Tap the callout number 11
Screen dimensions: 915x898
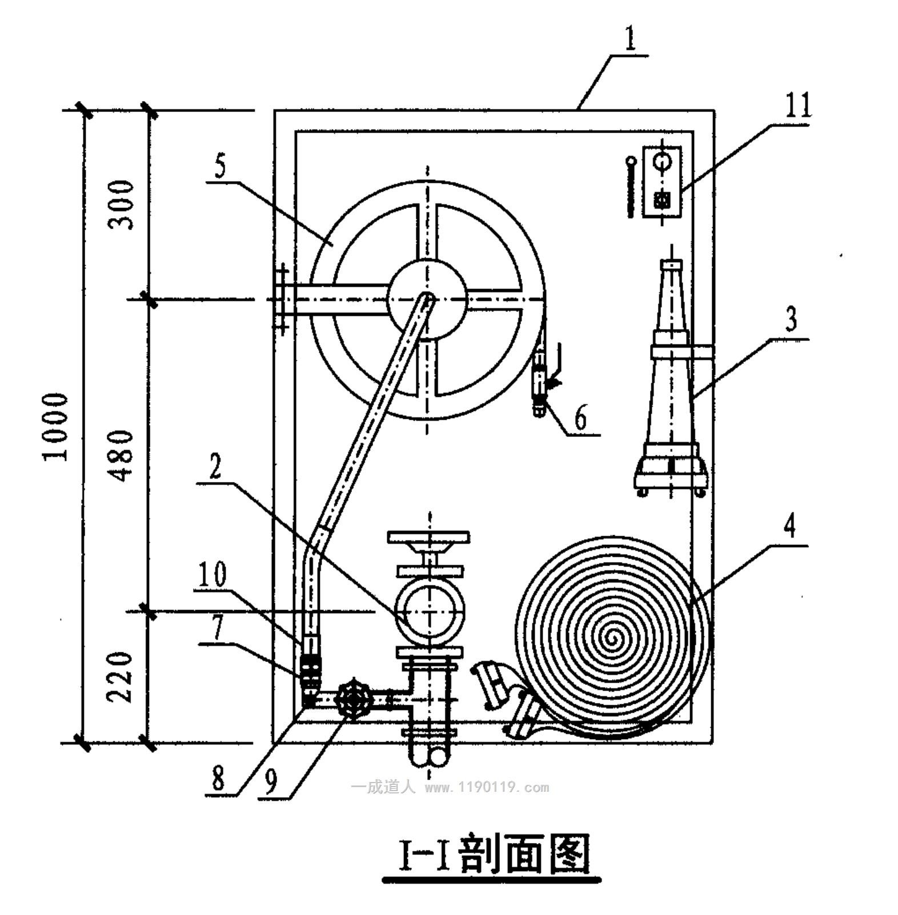click(798, 106)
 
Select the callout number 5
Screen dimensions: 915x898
click(221, 166)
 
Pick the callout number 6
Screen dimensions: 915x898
click(580, 418)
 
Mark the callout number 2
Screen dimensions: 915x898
click(215, 467)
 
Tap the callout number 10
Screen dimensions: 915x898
click(213, 575)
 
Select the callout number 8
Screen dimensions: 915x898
click(219, 777)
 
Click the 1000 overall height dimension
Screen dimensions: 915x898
click(57, 426)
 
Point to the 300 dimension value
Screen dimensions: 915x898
click(122, 204)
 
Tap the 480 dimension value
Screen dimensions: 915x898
click(122, 455)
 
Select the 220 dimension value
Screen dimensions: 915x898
click(121, 677)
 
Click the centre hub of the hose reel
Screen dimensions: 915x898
click(427, 299)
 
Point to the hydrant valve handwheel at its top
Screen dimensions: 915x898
click(428, 537)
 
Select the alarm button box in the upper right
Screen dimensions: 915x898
click(662, 181)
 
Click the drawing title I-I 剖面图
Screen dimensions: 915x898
click(492, 854)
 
